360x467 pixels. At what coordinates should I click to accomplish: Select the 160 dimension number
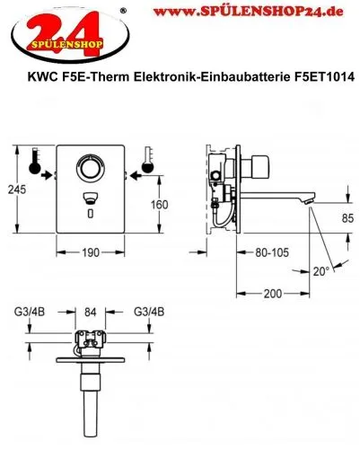click(x=159, y=204)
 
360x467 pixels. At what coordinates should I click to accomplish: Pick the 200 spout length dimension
click(x=274, y=294)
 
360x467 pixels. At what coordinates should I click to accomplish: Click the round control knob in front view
click(x=91, y=168)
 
